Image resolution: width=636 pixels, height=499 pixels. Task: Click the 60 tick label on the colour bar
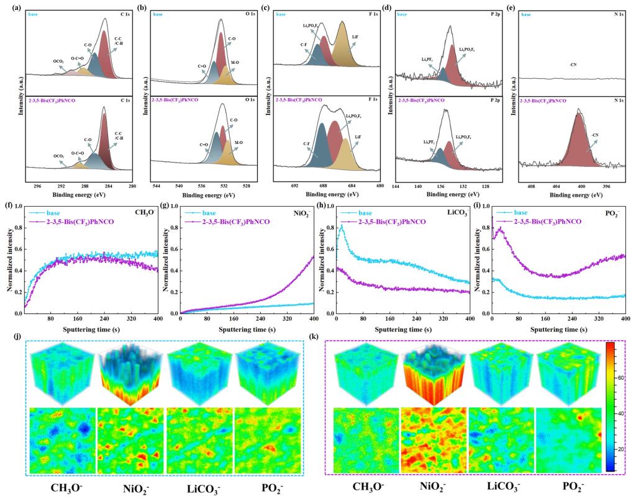[624, 377]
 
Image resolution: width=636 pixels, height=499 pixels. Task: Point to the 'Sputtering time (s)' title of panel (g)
[247, 330]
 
